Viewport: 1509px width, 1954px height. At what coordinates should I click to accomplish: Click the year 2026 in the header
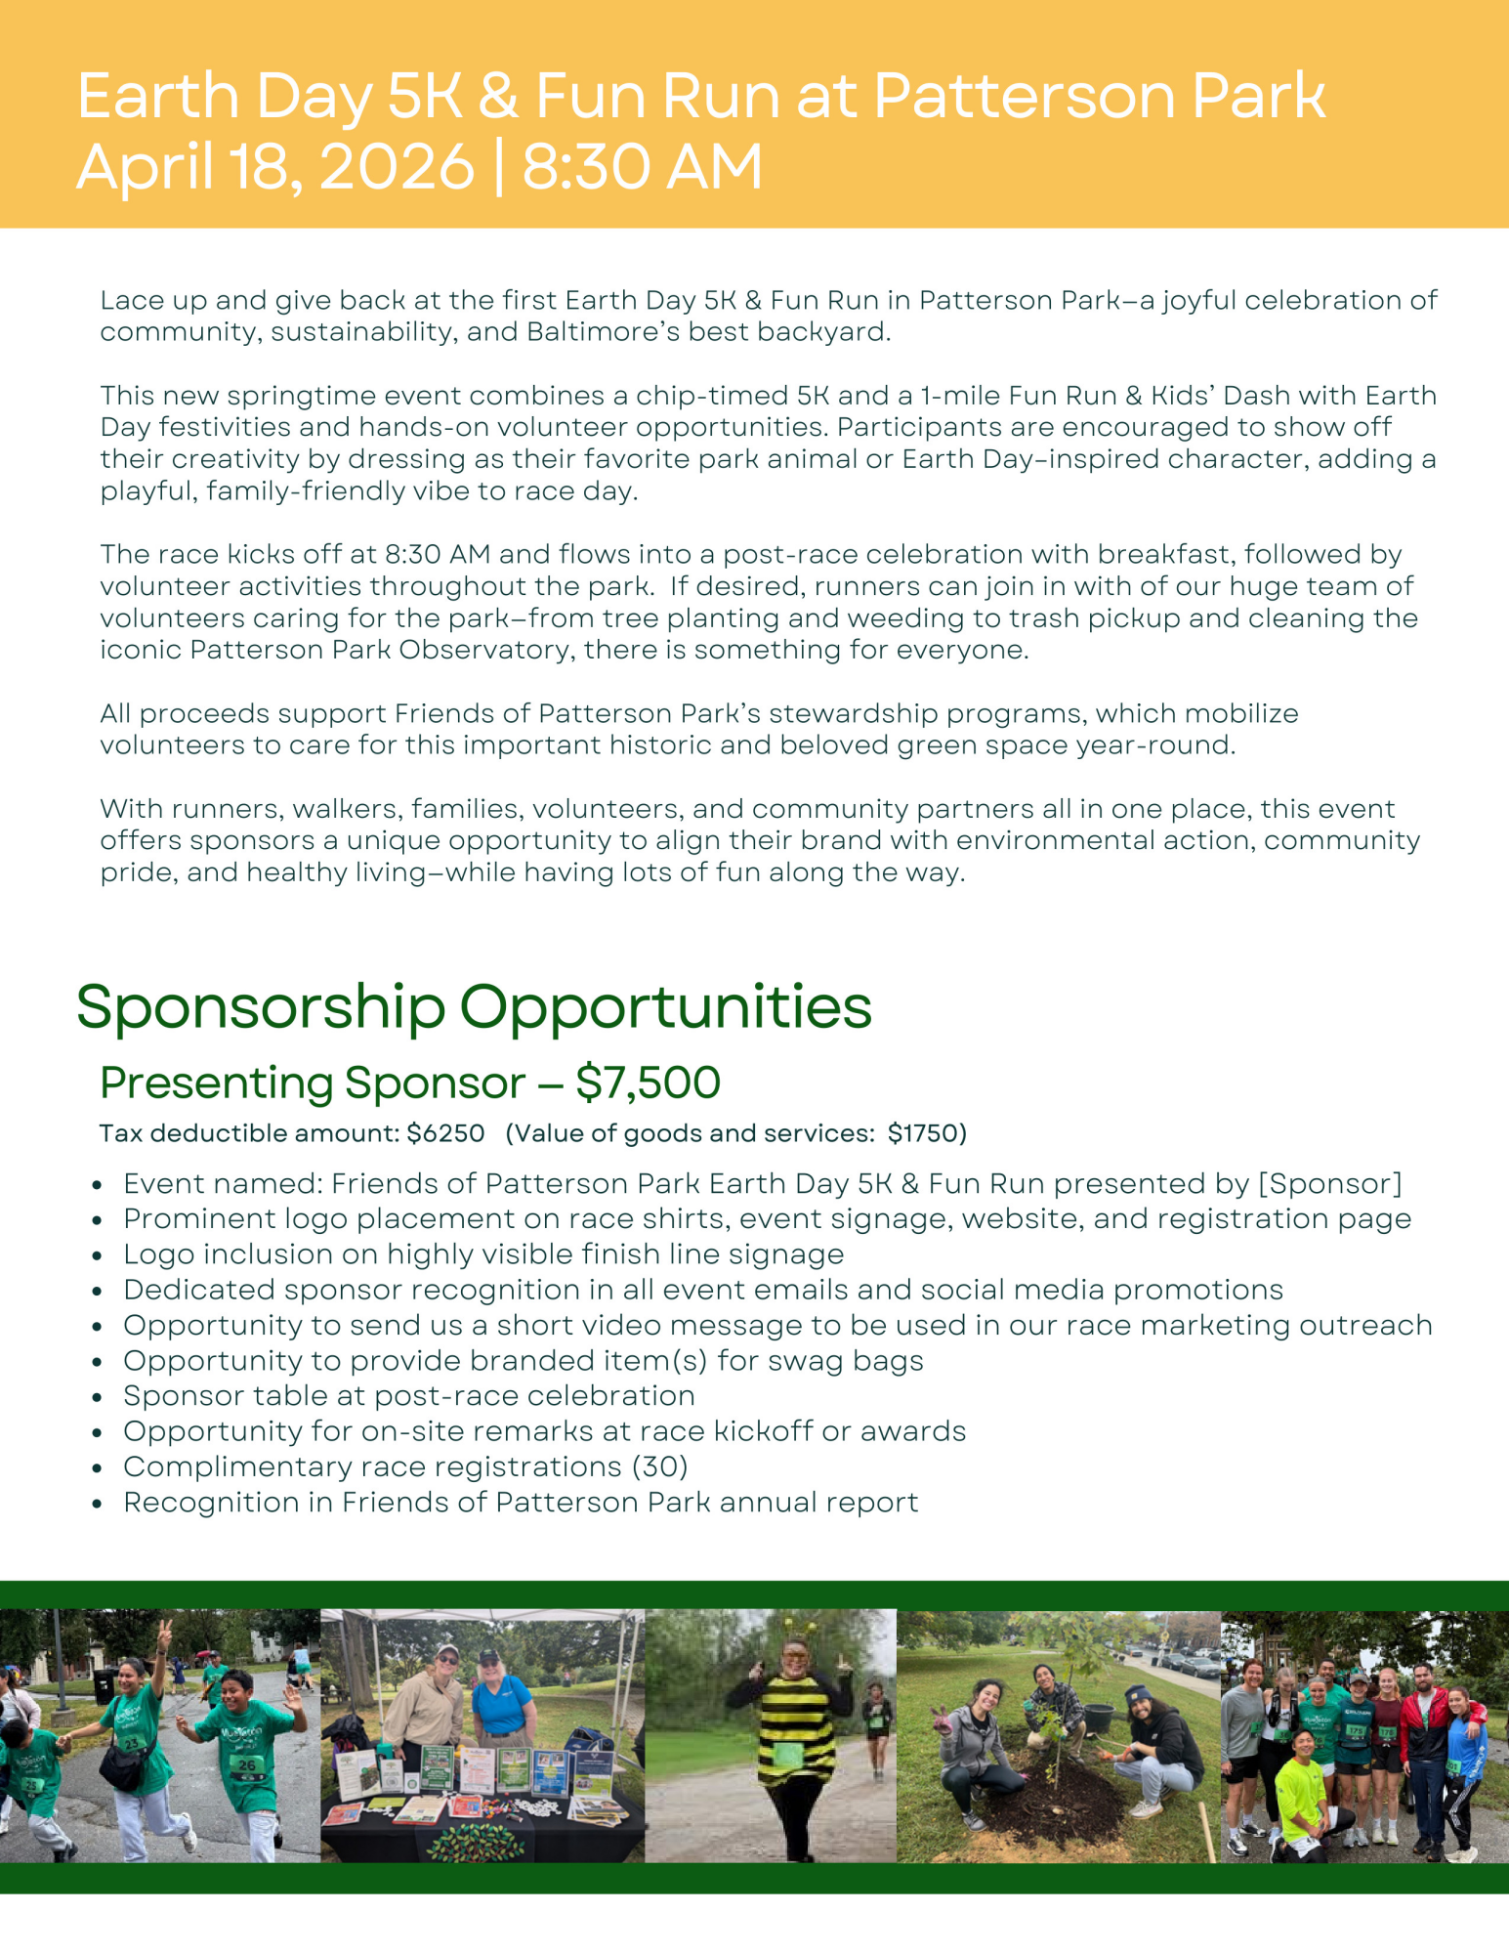397,167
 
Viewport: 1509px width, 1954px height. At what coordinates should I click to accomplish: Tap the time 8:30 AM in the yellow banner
642,167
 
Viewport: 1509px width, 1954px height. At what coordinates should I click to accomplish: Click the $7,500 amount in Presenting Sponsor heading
648,1083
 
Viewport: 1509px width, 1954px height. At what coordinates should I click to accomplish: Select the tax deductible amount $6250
445,1133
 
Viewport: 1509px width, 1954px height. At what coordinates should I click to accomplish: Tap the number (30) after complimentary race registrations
659,1466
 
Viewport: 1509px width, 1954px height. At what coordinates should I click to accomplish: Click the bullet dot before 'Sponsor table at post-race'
97,1397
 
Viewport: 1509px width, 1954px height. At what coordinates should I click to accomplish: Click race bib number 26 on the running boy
246,1764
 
